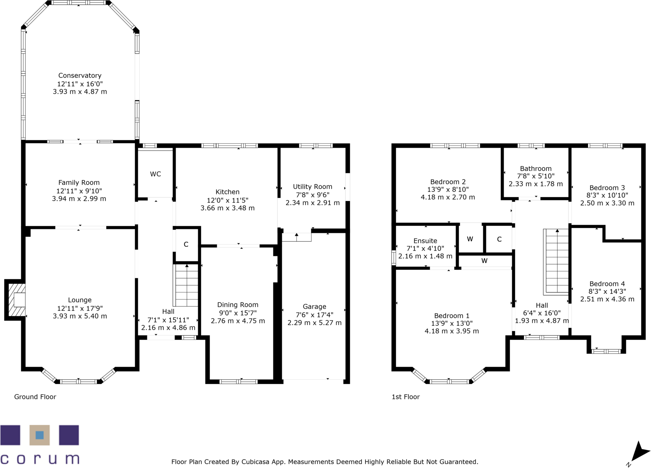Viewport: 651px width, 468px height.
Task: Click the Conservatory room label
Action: pyautogui.click(x=80, y=75)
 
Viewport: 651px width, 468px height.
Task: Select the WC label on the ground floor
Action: pyautogui.click(x=155, y=174)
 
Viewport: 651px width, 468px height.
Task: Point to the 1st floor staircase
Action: pyautogui.click(x=556, y=262)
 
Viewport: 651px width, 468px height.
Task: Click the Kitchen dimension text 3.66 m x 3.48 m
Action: pyautogui.click(x=227, y=208)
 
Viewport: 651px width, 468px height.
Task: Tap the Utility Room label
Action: pyautogui.click(x=312, y=187)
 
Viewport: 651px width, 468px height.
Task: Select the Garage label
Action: pyautogui.click(x=314, y=307)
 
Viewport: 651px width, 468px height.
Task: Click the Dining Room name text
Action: pyautogui.click(x=238, y=305)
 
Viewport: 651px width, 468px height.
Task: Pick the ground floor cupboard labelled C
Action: pyautogui.click(x=186, y=244)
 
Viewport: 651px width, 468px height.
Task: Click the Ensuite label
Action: pyautogui.click(x=425, y=241)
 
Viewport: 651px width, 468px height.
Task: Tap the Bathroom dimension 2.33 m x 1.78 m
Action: pyautogui.click(x=535, y=184)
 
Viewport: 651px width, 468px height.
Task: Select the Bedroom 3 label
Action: pyautogui.click(x=607, y=188)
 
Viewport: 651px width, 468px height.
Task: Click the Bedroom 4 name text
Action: pyautogui.click(x=607, y=284)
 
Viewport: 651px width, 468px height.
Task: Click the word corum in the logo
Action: pyautogui.click(x=40, y=459)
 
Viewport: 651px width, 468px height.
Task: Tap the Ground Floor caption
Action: pyautogui.click(x=35, y=397)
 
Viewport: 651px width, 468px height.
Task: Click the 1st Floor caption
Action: pyautogui.click(x=405, y=397)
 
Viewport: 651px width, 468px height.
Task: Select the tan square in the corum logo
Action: pyautogui.click(x=40, y=435)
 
